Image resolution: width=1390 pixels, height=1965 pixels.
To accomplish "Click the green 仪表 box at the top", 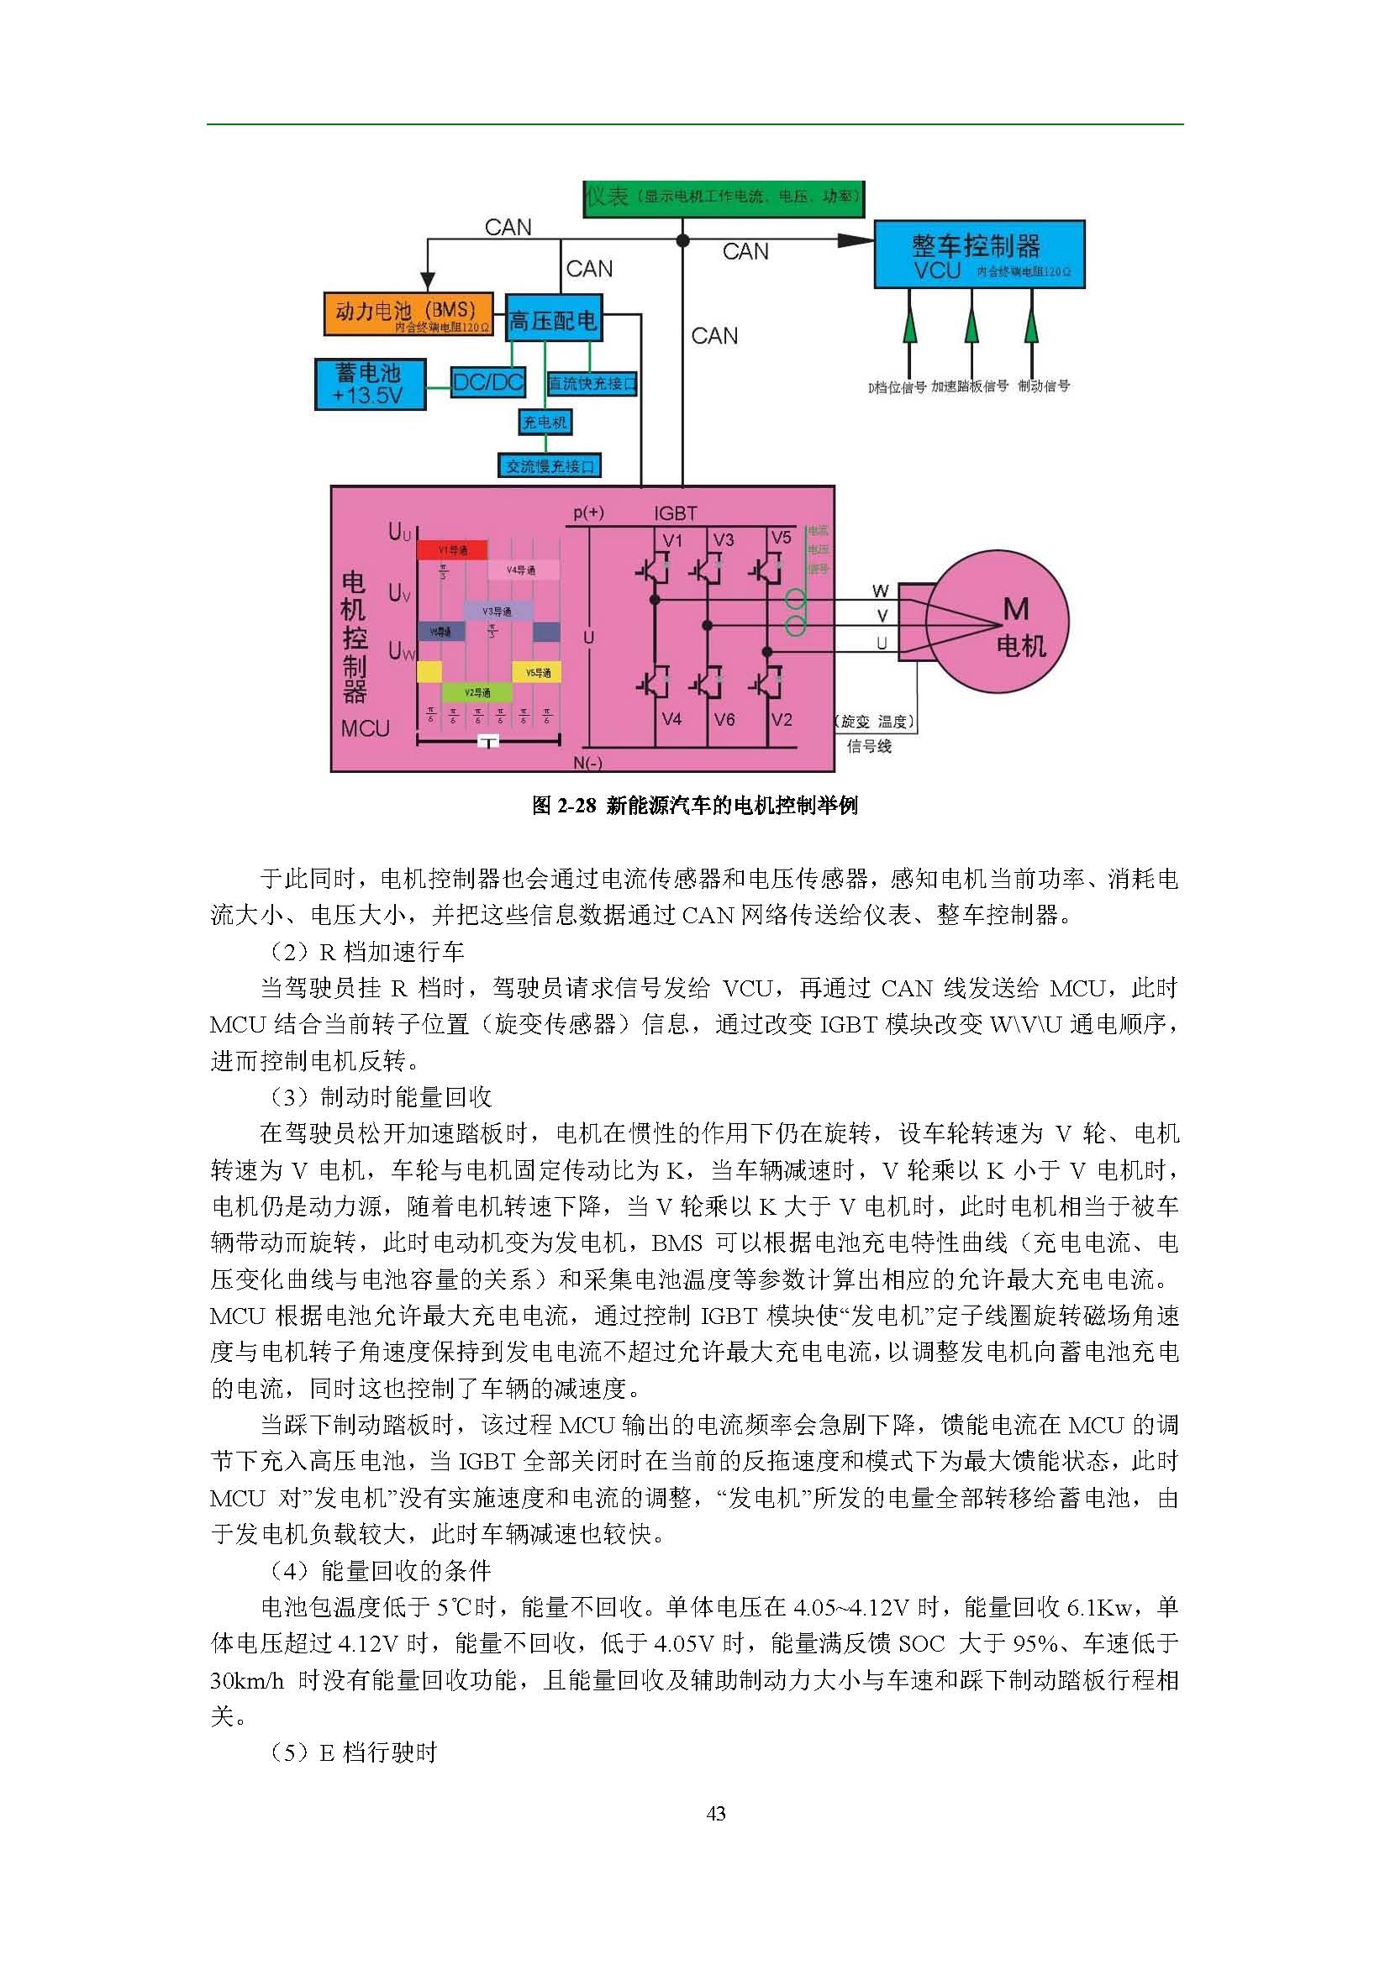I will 724,197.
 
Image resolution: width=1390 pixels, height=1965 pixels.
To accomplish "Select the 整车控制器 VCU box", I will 979,255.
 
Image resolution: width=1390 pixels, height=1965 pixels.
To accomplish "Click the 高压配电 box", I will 553,320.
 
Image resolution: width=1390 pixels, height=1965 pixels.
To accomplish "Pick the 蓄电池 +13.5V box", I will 370,384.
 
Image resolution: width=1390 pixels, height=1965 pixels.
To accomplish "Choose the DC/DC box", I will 488,382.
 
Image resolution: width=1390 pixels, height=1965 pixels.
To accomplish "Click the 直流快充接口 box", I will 592,384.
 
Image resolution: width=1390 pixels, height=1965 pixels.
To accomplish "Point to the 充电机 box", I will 545,422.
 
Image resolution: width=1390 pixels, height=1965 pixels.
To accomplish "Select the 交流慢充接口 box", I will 550,466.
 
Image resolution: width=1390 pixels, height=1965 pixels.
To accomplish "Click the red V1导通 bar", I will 452,549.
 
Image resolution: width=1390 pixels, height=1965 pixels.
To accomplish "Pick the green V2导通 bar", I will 476,692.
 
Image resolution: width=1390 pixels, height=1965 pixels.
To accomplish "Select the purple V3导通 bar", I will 497,611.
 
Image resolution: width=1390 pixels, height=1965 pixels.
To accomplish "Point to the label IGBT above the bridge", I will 676,513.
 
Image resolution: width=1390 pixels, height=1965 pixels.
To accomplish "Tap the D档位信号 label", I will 897,386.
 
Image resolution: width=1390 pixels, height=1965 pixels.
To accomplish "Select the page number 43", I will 716,1813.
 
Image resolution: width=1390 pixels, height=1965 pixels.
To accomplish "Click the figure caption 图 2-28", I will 694,806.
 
